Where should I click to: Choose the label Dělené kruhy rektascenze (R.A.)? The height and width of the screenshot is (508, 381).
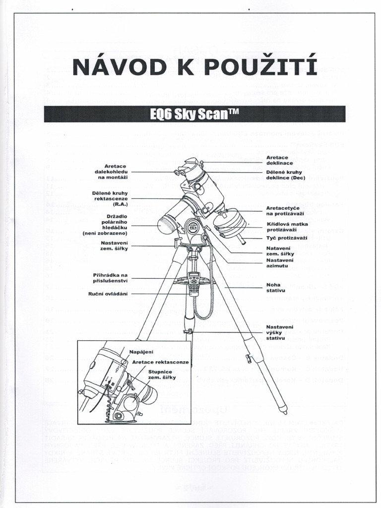(111, 198)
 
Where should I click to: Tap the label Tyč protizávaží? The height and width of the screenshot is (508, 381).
(286, 238)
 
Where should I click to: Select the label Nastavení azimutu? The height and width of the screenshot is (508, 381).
(279, 262)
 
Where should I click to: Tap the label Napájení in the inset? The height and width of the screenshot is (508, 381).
(141, 352)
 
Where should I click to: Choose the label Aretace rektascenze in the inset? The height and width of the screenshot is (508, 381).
(160, 362)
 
